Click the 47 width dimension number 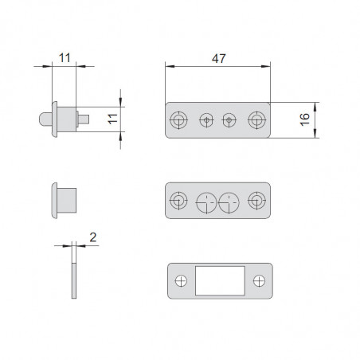pyautogui.click(x=219, y=58)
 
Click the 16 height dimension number pyautogui.click(x=305, y=119)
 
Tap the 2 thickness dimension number pyautogui.click(x=93, y=237)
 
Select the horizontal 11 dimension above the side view pyautogui.click(x=65, y=58)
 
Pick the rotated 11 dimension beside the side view pyautogui.click(x=113, y=119)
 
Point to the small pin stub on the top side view pyautogui.click(x=84, y=119)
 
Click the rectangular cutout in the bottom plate pyautogui.click(x=220, y=280)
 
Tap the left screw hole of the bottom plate pyautogui.click(x=181, y=281)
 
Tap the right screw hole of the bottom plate pyautogui.click(x=259, y=281)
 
